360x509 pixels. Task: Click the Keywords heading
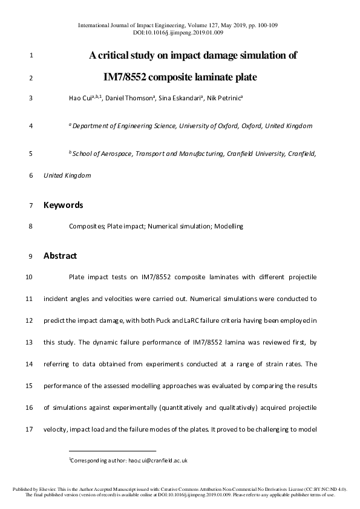[x=63, y=205]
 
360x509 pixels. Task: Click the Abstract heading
[x=60, y=256]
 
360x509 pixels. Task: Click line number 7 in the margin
[x=30, y=206]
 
